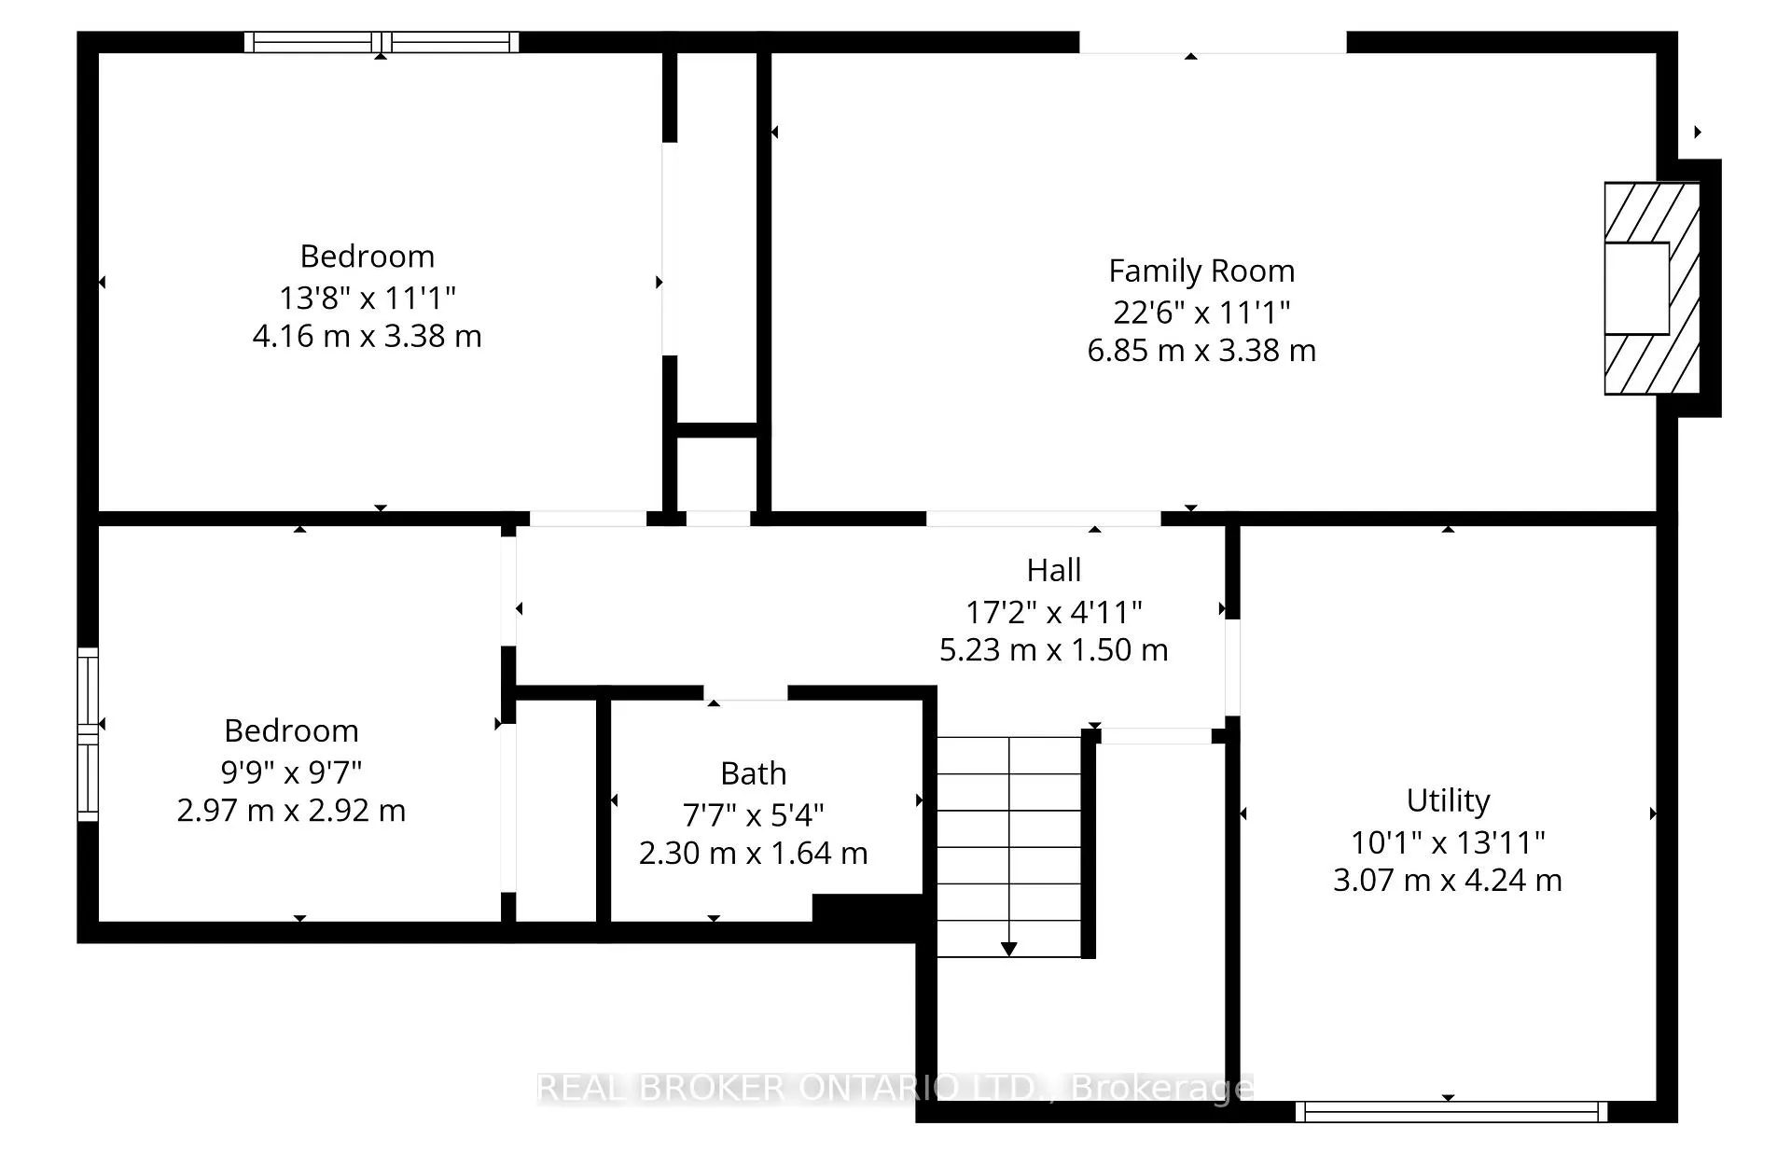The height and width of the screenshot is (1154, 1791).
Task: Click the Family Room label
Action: [x=1201, y=271]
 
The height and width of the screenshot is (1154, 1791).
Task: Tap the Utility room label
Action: [x=1448, y=800]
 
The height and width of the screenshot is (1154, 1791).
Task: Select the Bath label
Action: [x=754, y=773]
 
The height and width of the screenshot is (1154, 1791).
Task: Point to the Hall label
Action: [x=1054, y=570]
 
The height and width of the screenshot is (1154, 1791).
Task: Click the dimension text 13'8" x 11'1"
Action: [x=368, y=298]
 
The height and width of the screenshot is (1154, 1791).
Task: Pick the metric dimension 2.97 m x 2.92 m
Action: [x=291, y=810]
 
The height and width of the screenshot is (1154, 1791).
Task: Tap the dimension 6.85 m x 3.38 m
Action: [x=1201, y=351]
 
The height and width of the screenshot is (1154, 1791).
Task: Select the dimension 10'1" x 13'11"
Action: [x=1448, y=842]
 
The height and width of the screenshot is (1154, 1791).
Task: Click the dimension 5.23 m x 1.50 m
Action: [x=1054, y=649]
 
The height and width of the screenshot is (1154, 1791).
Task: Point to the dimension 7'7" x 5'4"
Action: [x=754, y=815]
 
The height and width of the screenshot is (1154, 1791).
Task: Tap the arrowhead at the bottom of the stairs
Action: [x=1008, y=950]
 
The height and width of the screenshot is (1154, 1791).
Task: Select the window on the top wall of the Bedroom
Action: [x=382, y=42]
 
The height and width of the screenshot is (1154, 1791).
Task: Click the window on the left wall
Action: [x=87, y=734]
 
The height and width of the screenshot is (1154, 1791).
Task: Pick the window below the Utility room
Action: [x=1451, y=1111]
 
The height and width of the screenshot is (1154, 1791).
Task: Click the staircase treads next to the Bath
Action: [x=1009, y=847]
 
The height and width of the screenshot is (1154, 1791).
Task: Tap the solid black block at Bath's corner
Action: [x=868, y=909]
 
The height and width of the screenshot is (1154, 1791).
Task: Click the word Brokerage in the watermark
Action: [x=1161, y=1088]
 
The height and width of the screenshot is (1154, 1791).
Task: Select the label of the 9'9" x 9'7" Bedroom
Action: [x=291, y=730]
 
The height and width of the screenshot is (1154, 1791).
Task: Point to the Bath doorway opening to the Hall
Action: [x=745, y=692]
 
